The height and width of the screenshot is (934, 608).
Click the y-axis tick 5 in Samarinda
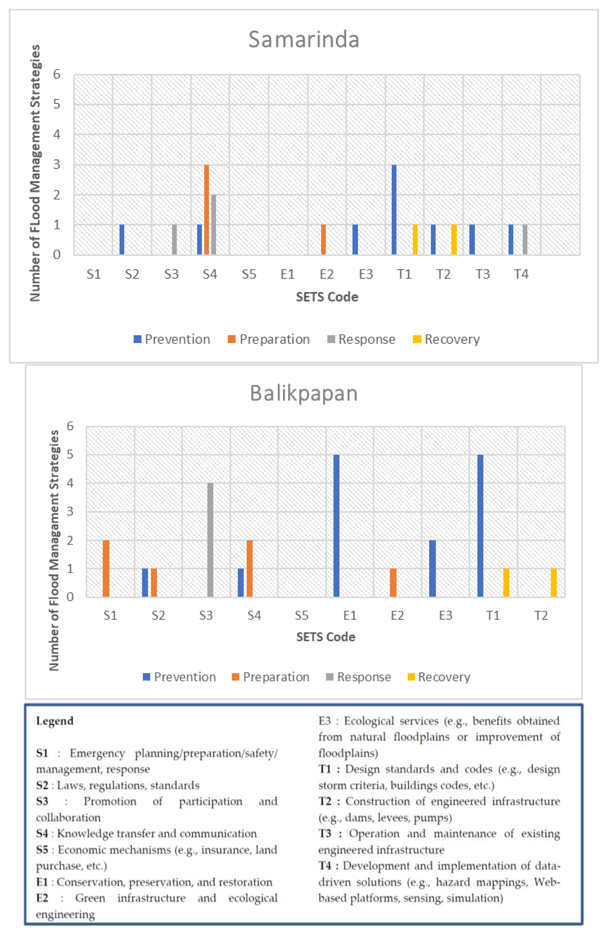tap(57, 104)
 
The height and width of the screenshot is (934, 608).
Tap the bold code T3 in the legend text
tap(325, 833)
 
